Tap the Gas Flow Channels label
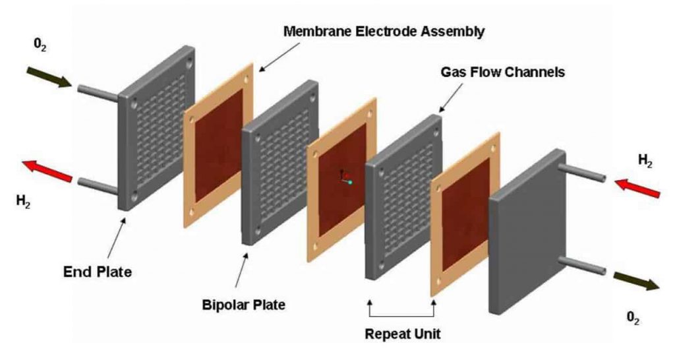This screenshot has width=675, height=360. [502, 72]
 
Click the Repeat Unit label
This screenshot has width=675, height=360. [403, 333]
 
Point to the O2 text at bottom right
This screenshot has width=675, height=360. [633, 317]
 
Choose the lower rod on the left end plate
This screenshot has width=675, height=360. [98, 185]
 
